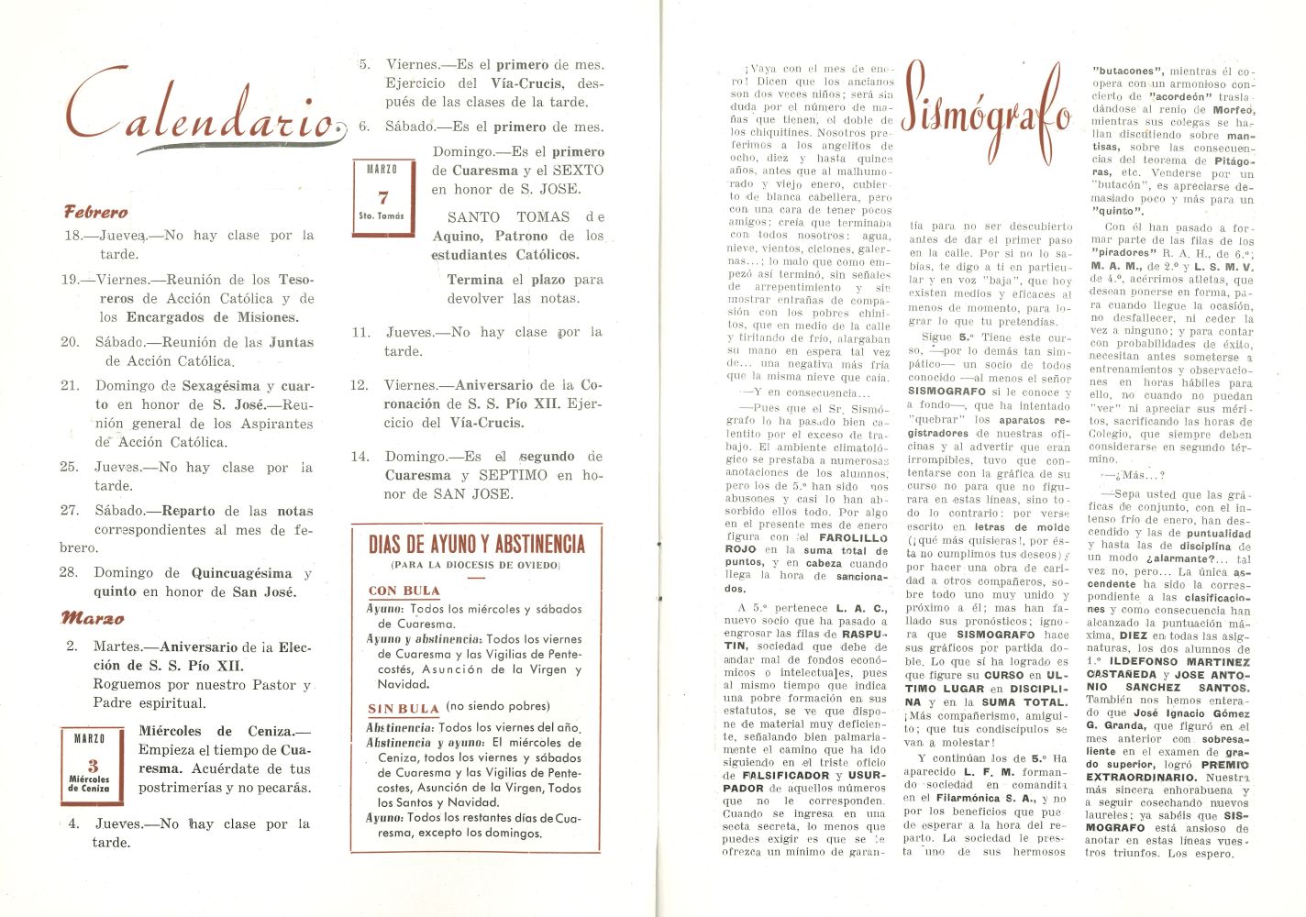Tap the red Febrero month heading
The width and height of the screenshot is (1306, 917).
(95, 212)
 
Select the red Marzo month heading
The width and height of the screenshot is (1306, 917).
(92, 618)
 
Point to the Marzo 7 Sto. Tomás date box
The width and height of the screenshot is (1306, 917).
(382, 196)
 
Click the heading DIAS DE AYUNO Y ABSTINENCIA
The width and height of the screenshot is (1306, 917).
(476, 544)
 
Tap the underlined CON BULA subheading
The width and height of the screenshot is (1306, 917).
(404, 591)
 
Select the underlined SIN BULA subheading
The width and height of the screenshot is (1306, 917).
(404, 708)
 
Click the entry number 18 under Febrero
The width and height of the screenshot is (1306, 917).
(72, 236)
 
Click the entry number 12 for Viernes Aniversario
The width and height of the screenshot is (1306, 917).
(360, 385)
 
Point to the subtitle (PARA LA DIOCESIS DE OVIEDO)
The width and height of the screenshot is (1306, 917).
(475, 565)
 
